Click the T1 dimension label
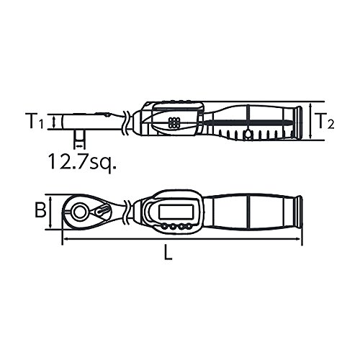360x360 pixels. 35,121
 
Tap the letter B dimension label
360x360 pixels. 40,210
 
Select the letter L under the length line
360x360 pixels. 168,252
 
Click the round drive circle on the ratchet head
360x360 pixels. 79,212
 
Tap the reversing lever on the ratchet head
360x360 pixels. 101,211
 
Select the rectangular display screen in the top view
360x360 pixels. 176,212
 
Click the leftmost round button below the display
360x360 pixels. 164,226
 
